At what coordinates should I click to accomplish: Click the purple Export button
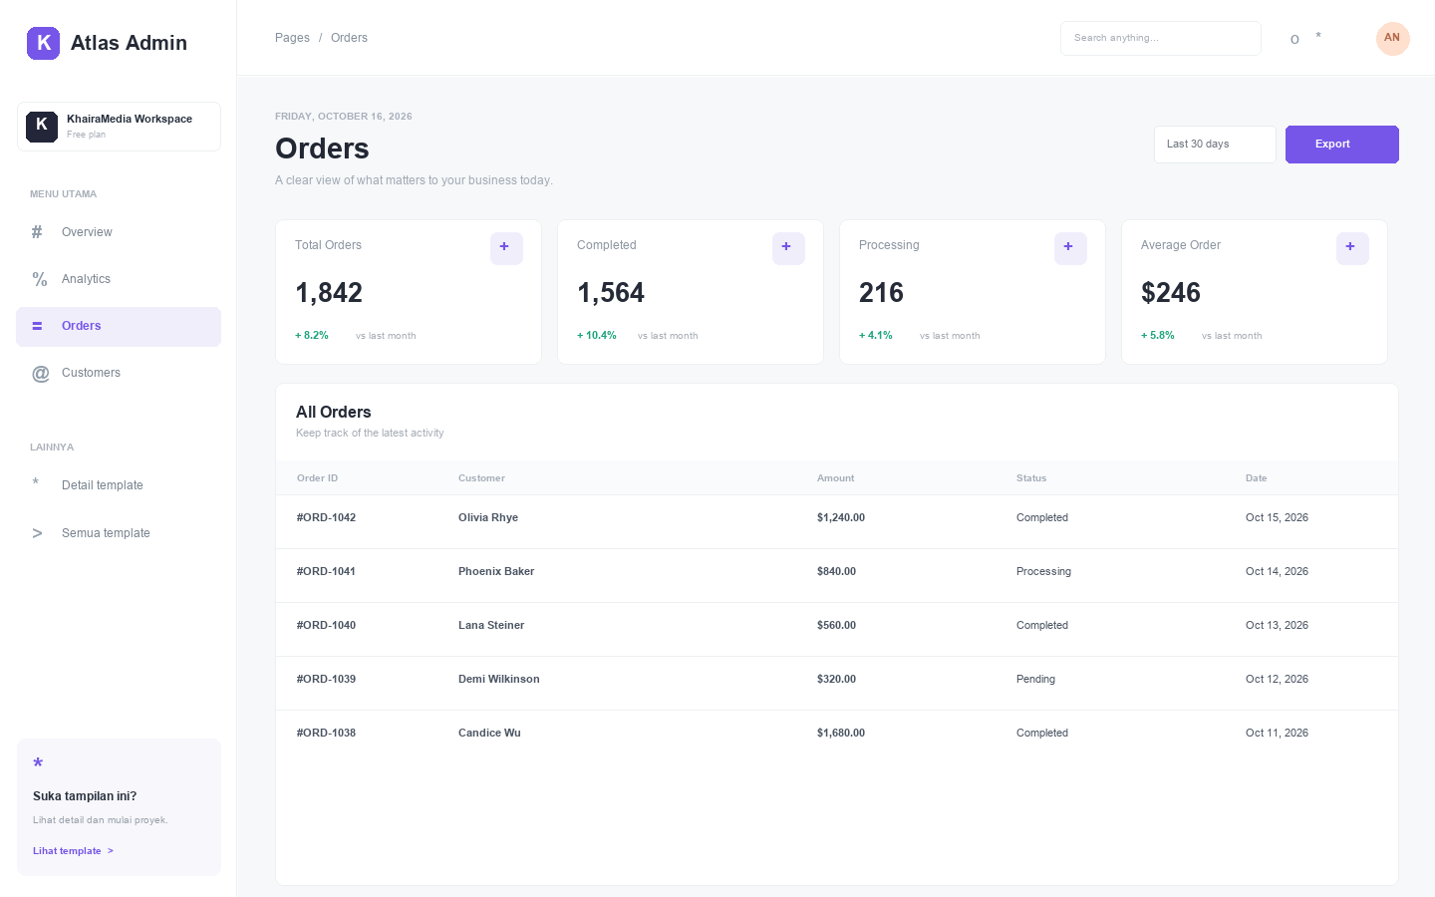click(x=1341, y=145)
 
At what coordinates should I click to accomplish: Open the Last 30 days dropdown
click(x=1215, y=145)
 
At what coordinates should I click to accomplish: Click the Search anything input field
click(x=1160, y=38)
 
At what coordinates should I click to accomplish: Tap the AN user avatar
click(x=1392, y=38)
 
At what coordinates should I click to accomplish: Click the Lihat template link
click(x=73, y=851)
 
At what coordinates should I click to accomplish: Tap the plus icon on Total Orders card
click(x=506, y=248)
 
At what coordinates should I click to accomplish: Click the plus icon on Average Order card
click(x=1351, y=248)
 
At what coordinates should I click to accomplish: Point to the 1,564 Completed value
click(x=611, y=293)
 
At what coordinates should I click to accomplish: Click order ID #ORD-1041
click(x=326, y=571)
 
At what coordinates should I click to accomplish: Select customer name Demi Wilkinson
click(x=498, y=679)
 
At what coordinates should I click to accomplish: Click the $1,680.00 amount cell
click(x=840, y=733)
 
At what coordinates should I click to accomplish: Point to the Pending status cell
click(x=1035, y=679)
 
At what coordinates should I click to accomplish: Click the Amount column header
click(x=835, y=478)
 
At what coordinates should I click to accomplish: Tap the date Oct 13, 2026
click(x=1277, y=625)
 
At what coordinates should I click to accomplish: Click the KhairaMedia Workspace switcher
click(x=120, y=127)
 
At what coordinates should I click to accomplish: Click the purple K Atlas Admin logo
click(x=43, y=43)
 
